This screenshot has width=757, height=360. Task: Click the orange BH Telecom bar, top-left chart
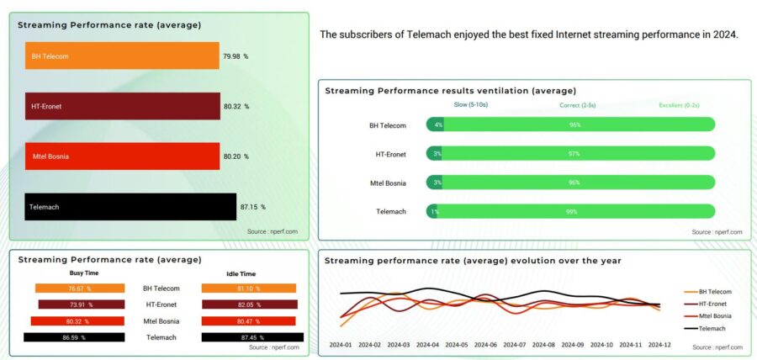[122, 56]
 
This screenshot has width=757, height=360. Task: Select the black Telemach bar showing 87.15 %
[130, 207]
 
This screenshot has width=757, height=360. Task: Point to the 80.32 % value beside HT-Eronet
[236, 107]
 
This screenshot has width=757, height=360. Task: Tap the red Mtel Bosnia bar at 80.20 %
[122, 156]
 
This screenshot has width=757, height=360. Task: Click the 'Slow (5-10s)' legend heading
[471, 105]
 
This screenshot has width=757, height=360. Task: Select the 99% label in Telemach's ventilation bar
[572, 212]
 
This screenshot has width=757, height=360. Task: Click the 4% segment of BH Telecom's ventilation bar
[438, 125]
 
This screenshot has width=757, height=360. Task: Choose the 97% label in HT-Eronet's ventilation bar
[574, 154]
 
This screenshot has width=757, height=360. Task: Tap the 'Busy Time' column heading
[83, 273]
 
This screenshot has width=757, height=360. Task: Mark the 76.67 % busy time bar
[80, 289]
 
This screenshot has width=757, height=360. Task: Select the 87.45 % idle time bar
[249, 336]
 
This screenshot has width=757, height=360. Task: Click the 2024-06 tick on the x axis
[485, 345]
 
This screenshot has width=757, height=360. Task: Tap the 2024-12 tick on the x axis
[659, 345]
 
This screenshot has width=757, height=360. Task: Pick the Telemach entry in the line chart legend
[712, 328]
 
